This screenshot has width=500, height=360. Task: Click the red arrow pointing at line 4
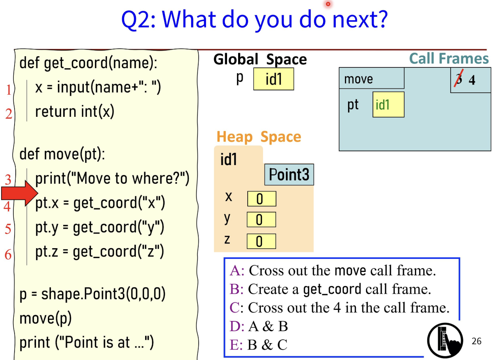20,193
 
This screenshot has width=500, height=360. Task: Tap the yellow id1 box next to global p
274,79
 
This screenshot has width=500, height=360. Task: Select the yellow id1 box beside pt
388,105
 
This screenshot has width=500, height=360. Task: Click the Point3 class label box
289,175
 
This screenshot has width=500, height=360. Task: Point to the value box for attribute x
261,199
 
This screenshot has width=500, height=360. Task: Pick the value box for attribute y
261,219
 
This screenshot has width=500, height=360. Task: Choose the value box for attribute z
261,241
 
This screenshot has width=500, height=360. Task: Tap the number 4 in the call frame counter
472,80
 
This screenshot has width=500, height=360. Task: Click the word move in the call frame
358,79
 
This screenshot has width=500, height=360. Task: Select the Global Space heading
260,59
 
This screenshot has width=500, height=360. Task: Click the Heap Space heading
259,137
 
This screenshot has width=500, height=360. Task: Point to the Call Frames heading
449,59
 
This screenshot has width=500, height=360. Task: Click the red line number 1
9,90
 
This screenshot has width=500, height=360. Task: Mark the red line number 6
8,254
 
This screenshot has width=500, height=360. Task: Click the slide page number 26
476,341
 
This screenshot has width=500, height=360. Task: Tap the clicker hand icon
445,341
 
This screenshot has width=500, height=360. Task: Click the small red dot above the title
328,4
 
